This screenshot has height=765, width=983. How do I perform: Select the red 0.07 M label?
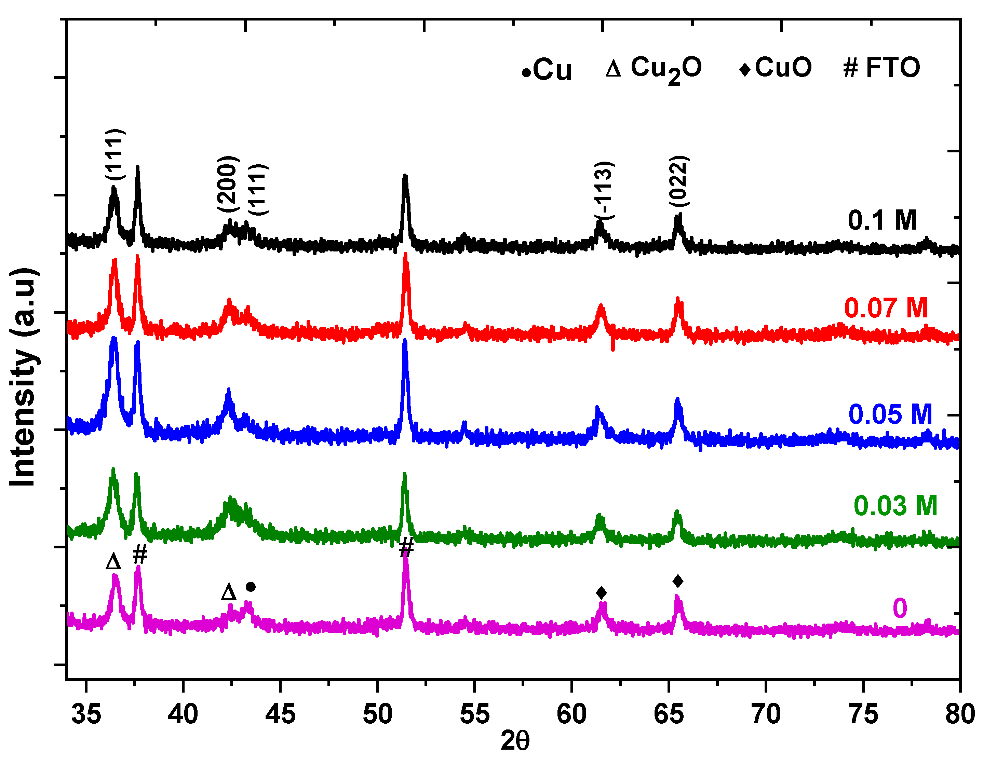886,308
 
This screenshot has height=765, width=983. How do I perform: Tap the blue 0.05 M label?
890,414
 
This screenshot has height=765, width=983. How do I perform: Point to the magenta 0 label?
900,609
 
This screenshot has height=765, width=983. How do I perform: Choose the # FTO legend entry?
881,68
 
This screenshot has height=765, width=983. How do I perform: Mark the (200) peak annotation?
227,183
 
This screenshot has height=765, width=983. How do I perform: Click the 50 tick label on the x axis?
377,714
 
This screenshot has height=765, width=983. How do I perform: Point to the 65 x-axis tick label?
669,714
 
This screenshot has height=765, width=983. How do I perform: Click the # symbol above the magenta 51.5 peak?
406,547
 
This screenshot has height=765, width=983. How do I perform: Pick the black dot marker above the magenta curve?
251,587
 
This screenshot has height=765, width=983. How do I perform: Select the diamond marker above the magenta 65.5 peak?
678,582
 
